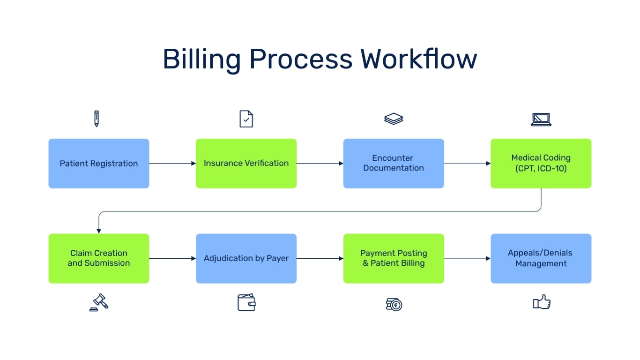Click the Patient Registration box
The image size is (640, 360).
(x=99, y=164)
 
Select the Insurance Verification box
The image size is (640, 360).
(x=246, y=164)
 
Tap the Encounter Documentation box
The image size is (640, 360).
(x=394, y=164)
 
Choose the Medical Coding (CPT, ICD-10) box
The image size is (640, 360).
(x=541, y=164)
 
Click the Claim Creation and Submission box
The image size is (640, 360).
(x=99, y=258)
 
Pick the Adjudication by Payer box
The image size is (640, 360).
(x=246, y=258)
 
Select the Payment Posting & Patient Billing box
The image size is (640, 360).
(x=394, y=258)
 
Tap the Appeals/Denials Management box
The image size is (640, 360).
(x=541, y=258)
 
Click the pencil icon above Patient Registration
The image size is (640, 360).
(x=97, y=119)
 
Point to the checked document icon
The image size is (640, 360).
(x=246, y=119)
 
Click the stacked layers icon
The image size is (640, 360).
(x=394, y=119)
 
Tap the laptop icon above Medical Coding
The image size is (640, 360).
(x=541, y=120)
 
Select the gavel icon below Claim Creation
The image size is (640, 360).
(x=99, y=303)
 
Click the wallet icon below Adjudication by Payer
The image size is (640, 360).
(x=246, y=303)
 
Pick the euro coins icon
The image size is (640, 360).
(x=394, y=304)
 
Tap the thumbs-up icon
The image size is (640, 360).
(x=542, y=302)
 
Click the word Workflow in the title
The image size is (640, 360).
(x=418, y=60)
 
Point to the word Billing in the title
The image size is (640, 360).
(x=201, y=60)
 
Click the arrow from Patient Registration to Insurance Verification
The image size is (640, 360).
(x=172, y=164)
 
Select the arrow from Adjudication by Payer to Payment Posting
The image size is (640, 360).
(x=320, y=258)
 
